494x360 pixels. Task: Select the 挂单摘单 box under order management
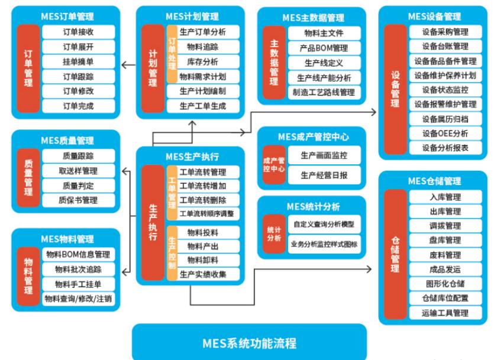click(78, 61)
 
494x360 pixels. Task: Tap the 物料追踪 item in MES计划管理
click(202, 47)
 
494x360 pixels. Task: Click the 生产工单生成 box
click(202, 106)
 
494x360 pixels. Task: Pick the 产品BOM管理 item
click(324, 48)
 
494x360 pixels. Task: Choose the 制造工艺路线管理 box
click(324, 92)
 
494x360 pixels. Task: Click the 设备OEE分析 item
click(445, 133)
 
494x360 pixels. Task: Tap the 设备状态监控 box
click(445, 90)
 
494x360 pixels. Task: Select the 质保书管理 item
click(78, 200)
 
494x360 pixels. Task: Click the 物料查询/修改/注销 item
click(78, 299)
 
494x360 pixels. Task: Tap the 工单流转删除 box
click(202, 200)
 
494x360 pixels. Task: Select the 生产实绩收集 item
click(202, 274)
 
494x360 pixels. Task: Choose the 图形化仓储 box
click(445, 284)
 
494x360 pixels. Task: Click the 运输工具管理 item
click(445, 313)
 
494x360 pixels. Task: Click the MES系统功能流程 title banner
click(249, 342)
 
